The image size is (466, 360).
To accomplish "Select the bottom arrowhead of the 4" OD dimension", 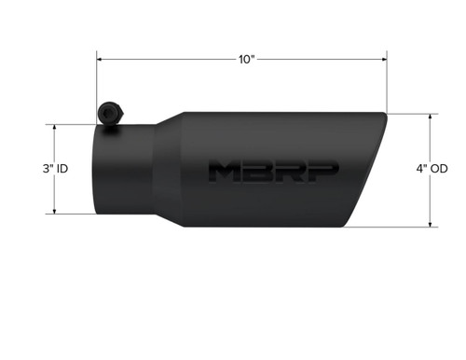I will [x=431, y=225].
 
